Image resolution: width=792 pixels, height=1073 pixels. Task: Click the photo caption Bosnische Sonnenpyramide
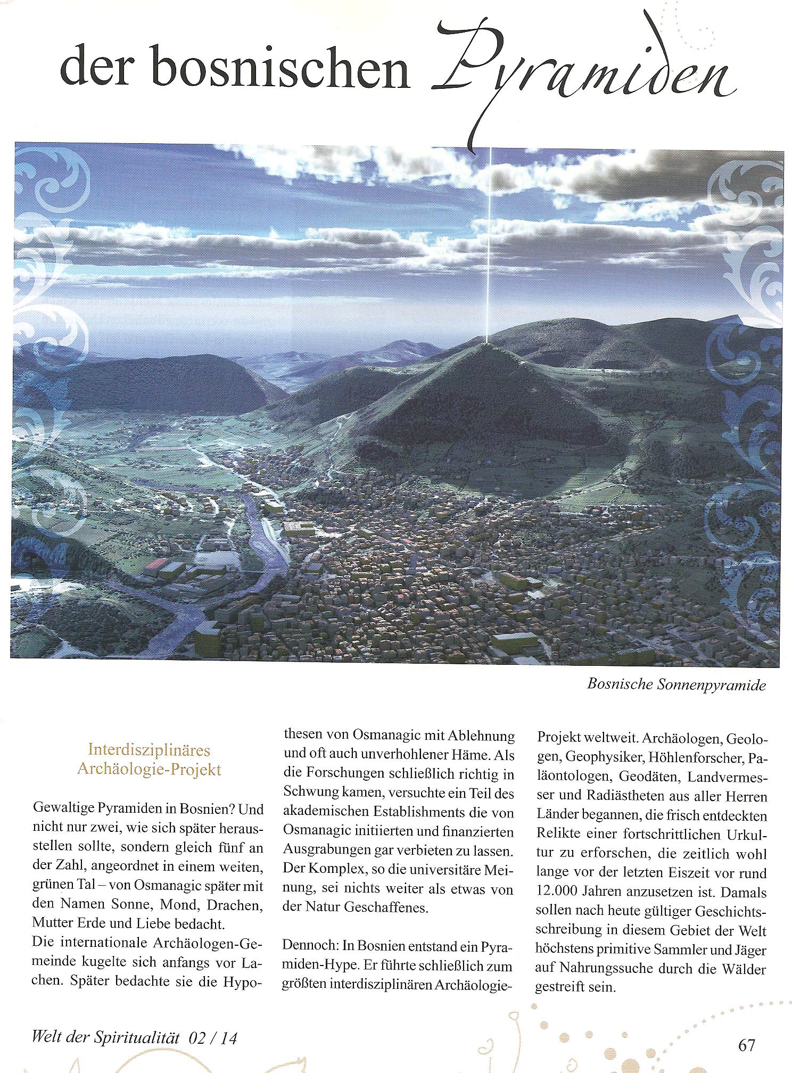pos(676,684)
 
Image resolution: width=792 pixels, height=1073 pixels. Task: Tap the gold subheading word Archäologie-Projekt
pos(148,770)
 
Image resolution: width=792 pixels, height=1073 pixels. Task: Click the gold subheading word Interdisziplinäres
pos(148,750)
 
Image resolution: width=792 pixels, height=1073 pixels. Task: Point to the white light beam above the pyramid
pos(489,240)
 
